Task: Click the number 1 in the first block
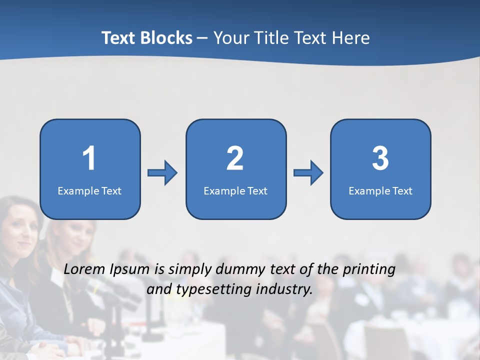coord(89,158)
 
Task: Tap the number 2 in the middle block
coord(235,158)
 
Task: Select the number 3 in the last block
coord(380,158)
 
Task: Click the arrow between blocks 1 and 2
coord(162,173)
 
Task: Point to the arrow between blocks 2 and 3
coord(308,173)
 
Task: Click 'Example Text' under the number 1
coord(89,191)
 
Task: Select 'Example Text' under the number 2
coord(235,191)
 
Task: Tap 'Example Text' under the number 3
coord(380,191)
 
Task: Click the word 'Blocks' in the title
coord(167,38)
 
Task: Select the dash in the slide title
coord(203,38)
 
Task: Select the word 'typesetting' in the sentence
coord(208,289)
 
